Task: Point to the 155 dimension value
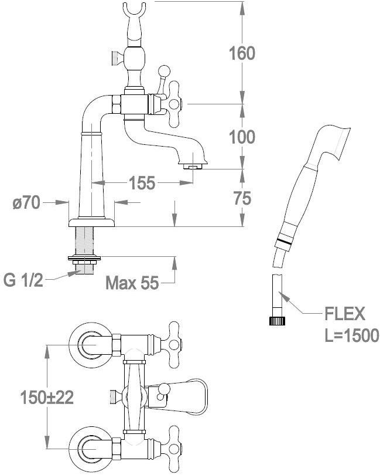coord(142,183)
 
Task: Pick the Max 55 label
coord(132,284)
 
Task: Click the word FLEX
coord(344,314)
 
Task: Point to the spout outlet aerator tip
coord(193,167)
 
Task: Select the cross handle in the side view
coord(173,103)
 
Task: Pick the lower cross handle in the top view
coord(174,450)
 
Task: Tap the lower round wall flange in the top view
coord(88,449)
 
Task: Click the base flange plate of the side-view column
coord(92,223)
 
